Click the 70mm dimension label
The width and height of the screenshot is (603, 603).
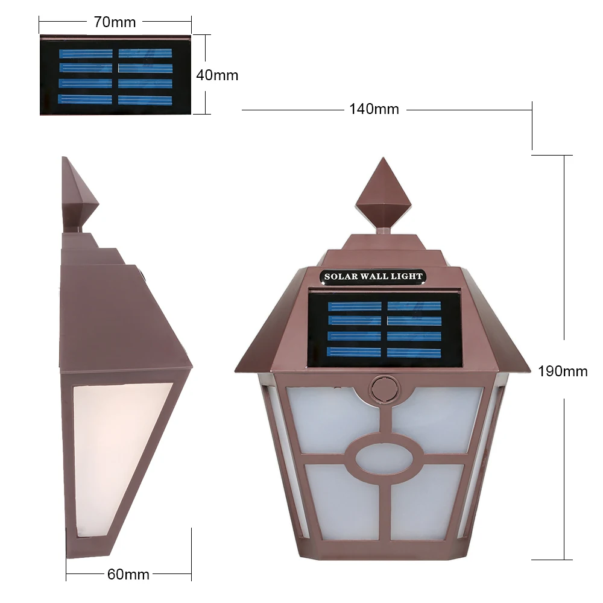[x=115, y=22]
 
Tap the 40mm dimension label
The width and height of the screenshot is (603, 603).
[x=217, y=75]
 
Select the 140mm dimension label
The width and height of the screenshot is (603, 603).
[x=374, y=109]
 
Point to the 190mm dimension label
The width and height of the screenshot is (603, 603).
[x=563, y=371]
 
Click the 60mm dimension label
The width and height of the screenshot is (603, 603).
[x=128, y=574]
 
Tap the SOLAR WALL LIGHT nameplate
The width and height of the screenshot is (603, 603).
[x=373, y=277]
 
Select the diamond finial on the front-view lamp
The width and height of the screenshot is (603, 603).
[x=383, y=195]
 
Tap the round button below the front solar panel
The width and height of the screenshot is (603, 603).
[x=384, y=389]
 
